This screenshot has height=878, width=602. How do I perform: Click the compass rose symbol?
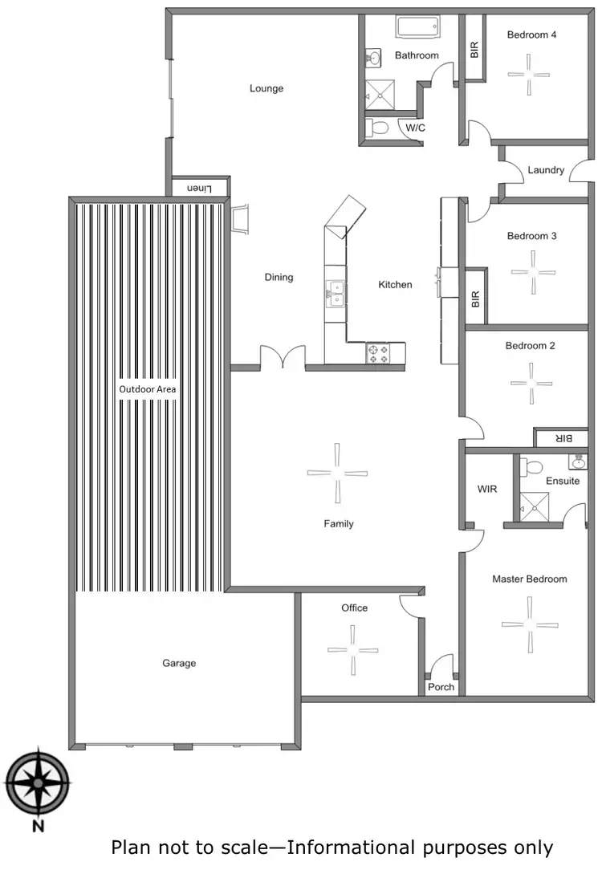(37, 782)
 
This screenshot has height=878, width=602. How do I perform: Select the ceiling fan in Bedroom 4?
(530, 73)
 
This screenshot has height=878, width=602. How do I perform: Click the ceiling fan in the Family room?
(338, 474)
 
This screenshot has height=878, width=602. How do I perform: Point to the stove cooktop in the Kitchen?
(377, 353)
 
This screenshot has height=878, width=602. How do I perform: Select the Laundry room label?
(546, 170)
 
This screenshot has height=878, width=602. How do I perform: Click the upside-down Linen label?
(199, 188)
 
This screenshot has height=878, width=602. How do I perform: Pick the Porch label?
(441, 687)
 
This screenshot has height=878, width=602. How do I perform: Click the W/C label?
(415, 128)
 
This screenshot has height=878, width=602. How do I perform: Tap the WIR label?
(486, 489)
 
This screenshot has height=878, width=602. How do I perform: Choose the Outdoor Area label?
(147, 389)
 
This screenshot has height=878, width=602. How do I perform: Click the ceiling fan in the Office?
(352, 651)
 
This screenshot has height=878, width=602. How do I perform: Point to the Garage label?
(179, 663)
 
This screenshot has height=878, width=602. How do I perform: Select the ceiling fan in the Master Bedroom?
(529, 624)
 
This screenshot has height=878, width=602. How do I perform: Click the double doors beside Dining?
(283, 358)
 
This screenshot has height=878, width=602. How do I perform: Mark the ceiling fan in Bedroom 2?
(530, 382)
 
